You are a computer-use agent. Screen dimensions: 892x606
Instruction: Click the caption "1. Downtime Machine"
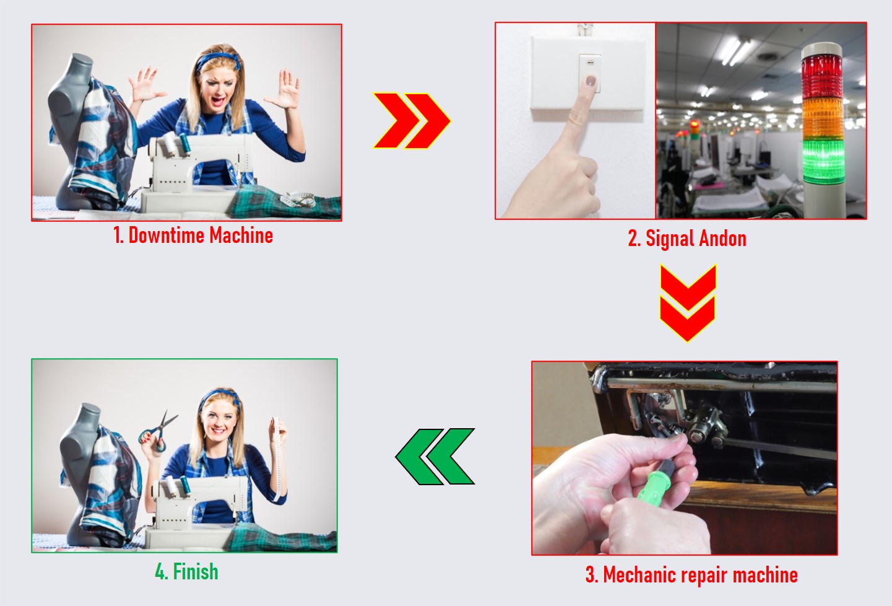click(193, 235)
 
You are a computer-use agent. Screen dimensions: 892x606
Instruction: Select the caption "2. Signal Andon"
click(687, 239)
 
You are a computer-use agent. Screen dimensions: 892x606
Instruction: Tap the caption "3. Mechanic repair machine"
click(691, 574)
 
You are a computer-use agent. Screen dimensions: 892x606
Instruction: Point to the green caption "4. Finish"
click(187, 571)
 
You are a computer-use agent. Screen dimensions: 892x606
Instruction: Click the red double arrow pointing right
click(412, 121)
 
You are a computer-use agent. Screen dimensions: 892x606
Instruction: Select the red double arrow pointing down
click(688, 302)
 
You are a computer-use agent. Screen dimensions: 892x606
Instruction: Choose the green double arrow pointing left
click(435, 457)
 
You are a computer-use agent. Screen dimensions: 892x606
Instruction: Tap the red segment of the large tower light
click(821, 77)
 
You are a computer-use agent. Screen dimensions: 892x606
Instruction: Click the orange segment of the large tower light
click(822, 119)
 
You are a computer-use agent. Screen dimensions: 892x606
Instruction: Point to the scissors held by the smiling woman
click(159, 431)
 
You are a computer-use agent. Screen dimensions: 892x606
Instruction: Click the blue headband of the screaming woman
click(219, 61)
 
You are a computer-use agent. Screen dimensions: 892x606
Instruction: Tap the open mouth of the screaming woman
click(217, 101)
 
